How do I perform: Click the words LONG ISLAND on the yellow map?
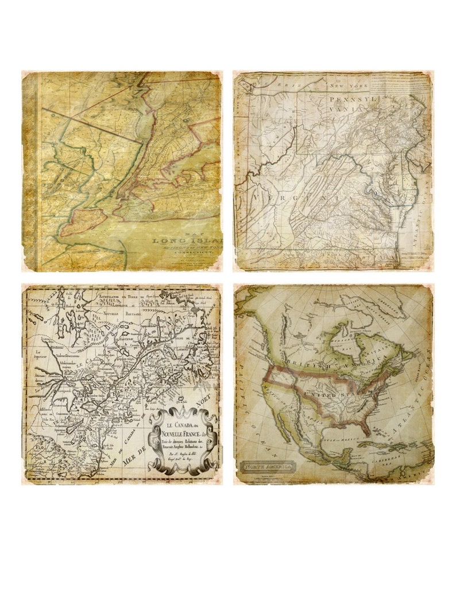[x=187, y=241]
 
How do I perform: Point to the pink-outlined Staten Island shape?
[x=84, y=221]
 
